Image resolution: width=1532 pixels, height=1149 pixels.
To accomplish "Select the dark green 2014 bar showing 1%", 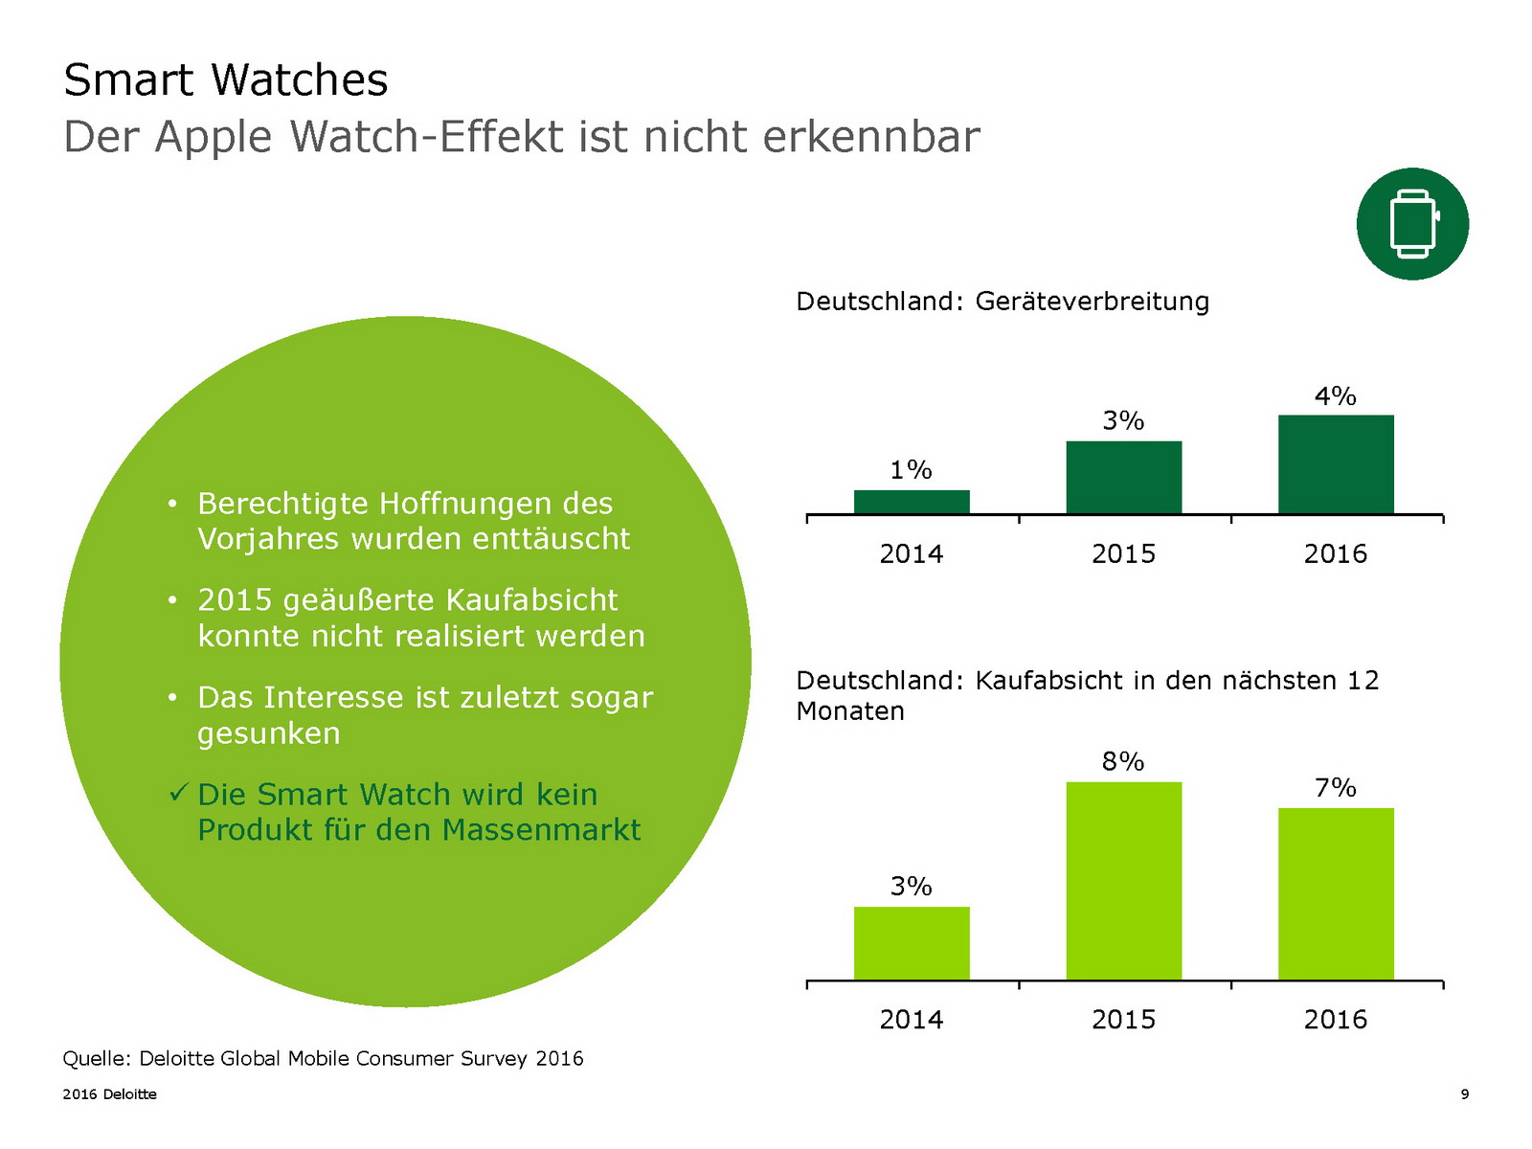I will (912, 502).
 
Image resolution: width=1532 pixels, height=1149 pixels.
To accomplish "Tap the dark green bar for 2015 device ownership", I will (1123, 477).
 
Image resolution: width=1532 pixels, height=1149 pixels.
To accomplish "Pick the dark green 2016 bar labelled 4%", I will (1336, 464).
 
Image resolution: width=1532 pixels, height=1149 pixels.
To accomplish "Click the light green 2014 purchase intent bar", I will (912, 943).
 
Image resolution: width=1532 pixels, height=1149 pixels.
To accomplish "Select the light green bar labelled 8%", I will (1123, 881).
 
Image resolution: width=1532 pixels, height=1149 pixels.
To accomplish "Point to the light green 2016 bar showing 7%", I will (1336, 893).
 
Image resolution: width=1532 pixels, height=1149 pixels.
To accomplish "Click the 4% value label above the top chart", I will (1336, 395).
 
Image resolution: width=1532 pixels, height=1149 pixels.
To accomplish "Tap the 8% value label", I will (1123, 761).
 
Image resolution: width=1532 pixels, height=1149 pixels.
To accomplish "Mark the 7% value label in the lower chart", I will (1336, 787).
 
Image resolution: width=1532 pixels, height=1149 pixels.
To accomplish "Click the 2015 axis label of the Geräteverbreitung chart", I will (1123, 553).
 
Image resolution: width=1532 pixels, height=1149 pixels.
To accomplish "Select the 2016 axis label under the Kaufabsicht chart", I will (1336, 1019).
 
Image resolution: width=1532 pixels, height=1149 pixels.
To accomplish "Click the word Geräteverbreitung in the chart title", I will (1093, 302).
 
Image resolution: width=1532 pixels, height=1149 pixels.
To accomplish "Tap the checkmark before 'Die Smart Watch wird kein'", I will (178, 793).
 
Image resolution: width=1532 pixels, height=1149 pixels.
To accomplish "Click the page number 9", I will (1465, 1094).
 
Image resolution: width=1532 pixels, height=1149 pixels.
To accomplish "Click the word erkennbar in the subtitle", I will (871, 137).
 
